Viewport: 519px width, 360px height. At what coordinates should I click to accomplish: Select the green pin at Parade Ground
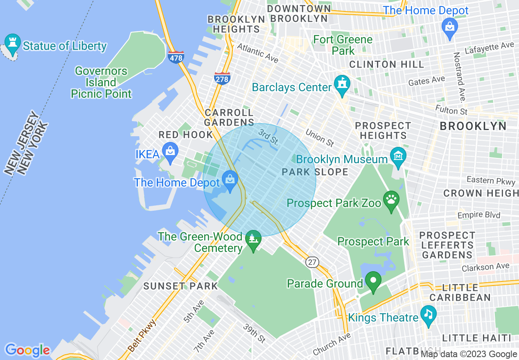coord(373,281)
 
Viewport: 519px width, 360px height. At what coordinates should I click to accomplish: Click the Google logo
coord(27,350)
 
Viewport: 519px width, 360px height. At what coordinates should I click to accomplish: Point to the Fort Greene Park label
coord(343,45)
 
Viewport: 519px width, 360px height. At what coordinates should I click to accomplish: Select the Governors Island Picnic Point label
coord(101,82)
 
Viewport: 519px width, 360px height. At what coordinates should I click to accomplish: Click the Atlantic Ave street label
coord(257,54)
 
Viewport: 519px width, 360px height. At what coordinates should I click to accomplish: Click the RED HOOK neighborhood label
coord(186,135)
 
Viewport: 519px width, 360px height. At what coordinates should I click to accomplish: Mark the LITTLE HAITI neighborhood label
coord(477,338)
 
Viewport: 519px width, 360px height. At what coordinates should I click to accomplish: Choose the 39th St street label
coord(254,333)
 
